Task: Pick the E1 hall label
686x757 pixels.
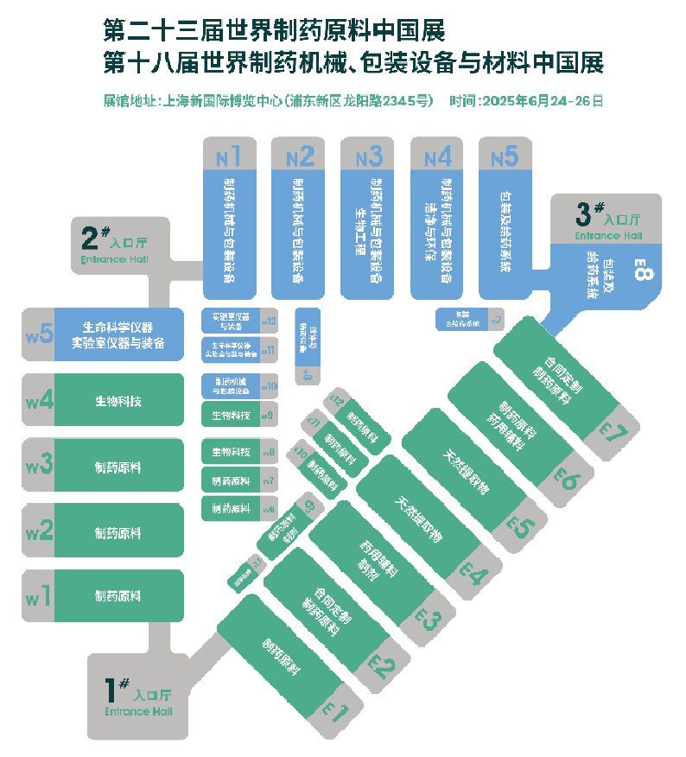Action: tap(335, 711)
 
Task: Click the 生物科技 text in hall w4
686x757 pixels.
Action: tap(118, 401)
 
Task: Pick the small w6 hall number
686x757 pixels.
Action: tap(269, 509)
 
